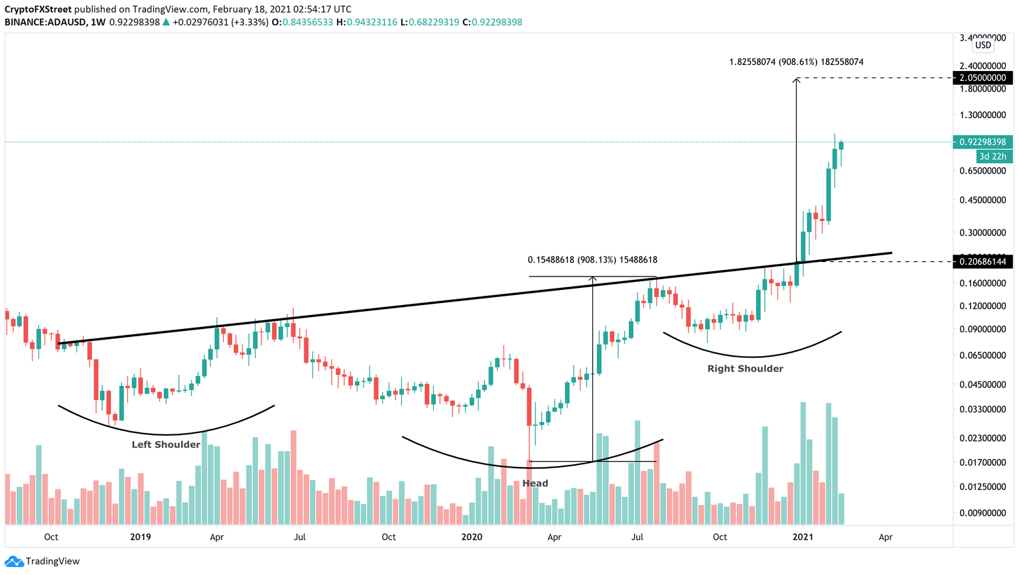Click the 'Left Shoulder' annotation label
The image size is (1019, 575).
165,444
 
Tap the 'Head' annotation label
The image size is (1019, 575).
535,483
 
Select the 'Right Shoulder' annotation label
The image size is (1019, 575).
745,369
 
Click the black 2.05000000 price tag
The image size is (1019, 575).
983,78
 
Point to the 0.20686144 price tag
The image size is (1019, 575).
983,262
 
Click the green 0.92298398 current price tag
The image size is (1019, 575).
983,142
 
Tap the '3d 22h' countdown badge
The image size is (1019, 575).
994,157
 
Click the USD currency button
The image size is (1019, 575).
983,45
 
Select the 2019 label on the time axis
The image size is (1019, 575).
140,537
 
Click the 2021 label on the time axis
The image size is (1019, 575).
803,537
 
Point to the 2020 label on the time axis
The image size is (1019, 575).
472,537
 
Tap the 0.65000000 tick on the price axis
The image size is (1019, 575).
983,170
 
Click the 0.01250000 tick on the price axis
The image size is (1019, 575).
983,487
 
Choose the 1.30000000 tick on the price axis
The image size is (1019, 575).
983,115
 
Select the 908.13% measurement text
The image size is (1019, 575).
592,260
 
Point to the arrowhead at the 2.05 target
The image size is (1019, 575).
796,80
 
